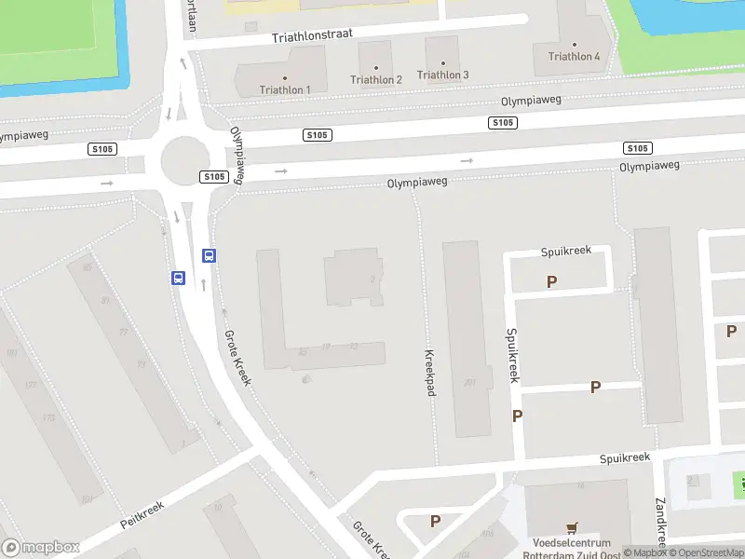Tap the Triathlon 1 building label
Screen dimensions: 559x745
coord(285,89)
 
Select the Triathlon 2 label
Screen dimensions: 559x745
coord(376,79)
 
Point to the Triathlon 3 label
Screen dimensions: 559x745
coord(443,75)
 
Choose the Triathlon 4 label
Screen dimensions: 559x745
coord(575,56)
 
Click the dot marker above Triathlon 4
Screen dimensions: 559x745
coord(575,44)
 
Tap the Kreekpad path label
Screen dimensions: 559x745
coord(430,373)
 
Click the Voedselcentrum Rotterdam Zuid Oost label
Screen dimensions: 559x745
coord(572,549)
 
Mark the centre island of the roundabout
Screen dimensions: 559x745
coord(183,160)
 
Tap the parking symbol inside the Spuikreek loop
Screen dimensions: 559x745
coord(552,280)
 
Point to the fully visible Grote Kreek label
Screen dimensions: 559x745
coord(237,359)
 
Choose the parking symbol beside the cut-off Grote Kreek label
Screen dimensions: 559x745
coord(435,521)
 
